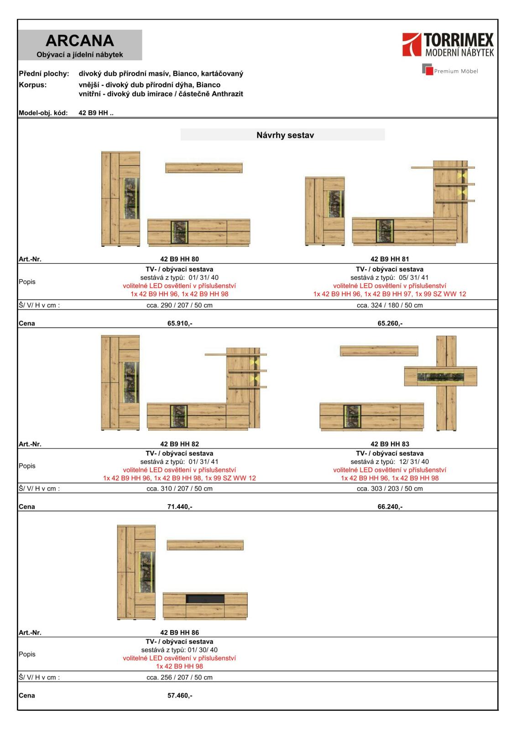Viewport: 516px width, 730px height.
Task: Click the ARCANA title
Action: click(x=80, y=41)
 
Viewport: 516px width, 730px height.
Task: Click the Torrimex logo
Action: click(x=448, y=45)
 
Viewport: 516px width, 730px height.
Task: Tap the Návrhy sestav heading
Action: click(x=285, y=135)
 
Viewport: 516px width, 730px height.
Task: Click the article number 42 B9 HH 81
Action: click(x=390, y=259)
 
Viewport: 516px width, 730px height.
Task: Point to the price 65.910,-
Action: click(x=180, y=323)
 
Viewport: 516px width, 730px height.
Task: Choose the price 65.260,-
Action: click(x=390, y=323)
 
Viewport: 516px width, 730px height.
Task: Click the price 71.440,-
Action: click(x=180, y=506)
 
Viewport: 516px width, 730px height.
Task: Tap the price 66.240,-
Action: click(x=390, y=506)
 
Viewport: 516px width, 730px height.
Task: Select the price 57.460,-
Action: click(x=180, y=695)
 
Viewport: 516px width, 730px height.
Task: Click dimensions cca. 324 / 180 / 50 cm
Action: click(x=390, y=305)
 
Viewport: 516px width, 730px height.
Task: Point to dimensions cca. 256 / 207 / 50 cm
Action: click(x=179, y=677)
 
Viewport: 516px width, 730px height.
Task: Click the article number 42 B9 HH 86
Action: click(x=179, y=632)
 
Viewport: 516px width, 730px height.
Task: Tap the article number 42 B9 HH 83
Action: click(x=390, y=443)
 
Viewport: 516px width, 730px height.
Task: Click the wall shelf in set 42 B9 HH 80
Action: click(x=203, y=168)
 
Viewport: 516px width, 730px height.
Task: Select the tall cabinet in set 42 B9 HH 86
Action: click(x=136, y=572)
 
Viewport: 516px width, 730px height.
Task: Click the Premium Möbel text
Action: click(x=456, y=71)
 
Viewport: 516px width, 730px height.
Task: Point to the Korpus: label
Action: click(x=33, y=85)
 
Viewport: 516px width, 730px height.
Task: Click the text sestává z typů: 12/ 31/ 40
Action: click(x=390, y=462)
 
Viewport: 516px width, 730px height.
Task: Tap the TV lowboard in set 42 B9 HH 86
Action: click(x=205, y=606)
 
